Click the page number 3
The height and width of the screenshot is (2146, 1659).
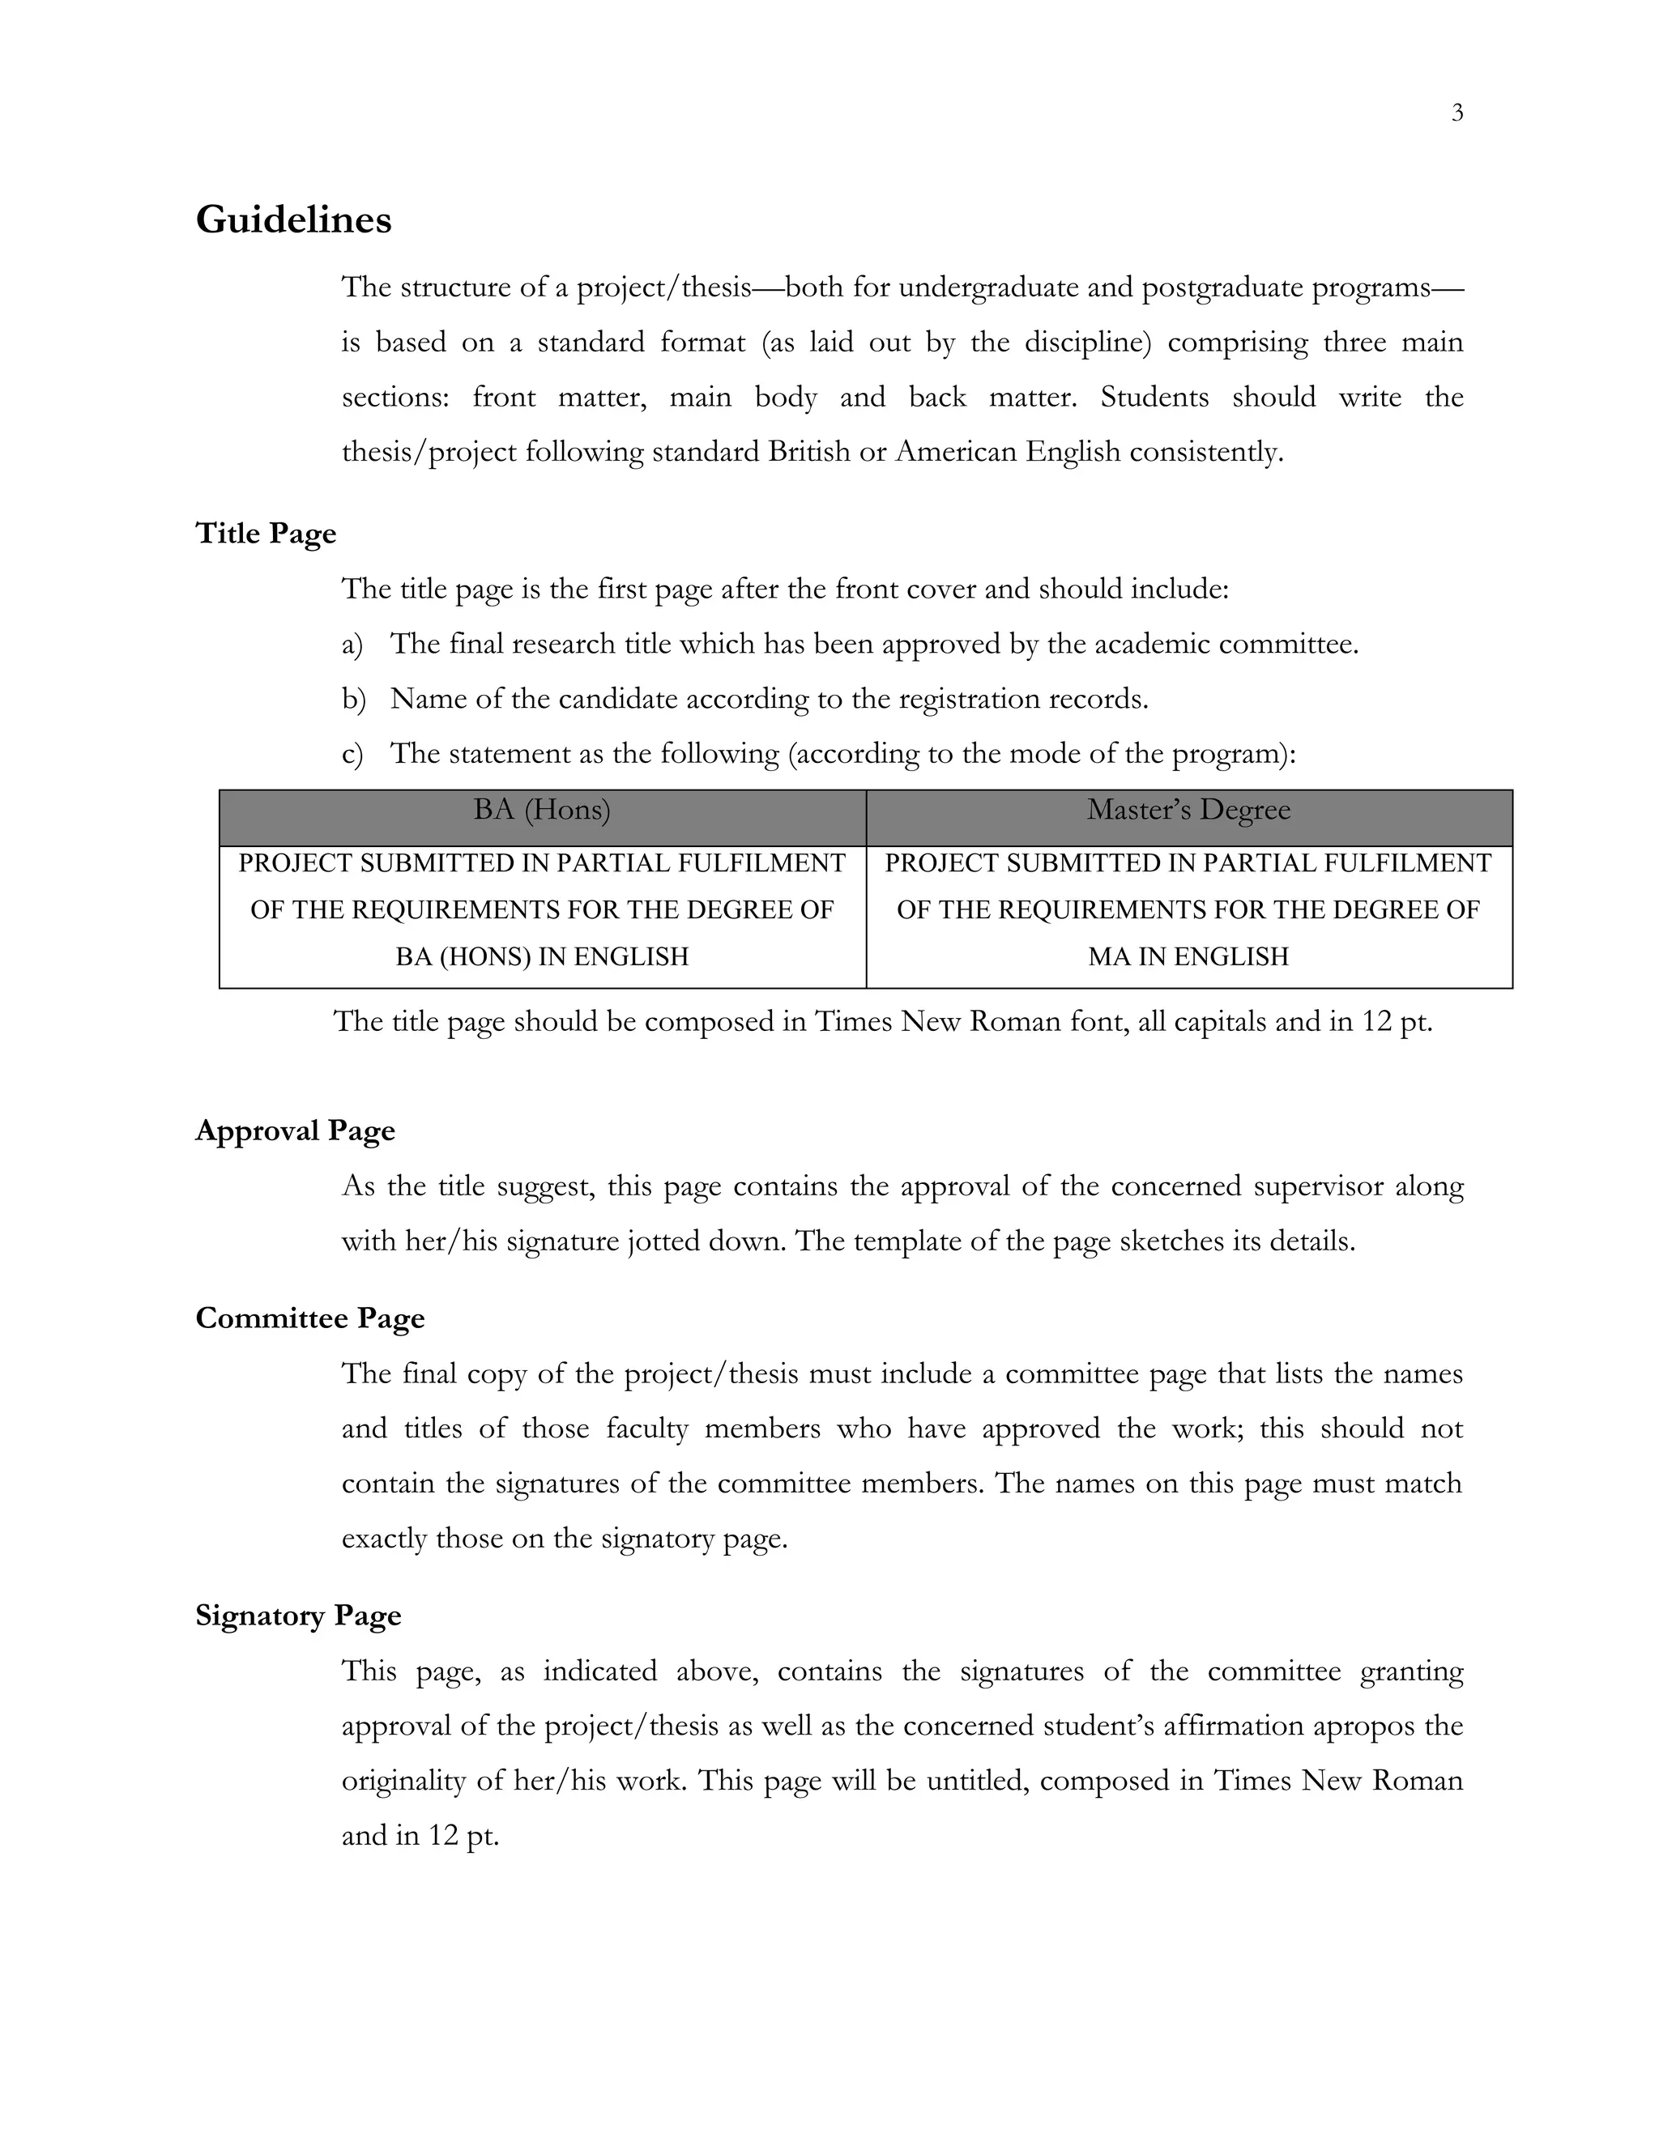pos(1456,113)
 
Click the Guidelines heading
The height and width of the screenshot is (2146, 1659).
pos(293,219)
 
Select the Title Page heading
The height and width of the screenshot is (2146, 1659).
pos(266,533)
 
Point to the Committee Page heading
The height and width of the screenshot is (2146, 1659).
pos(309,1318)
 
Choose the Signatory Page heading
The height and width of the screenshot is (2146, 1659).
pos(298,1616)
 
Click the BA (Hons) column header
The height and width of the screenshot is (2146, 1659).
pos(542,810)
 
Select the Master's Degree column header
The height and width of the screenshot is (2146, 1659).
pos(1188,810)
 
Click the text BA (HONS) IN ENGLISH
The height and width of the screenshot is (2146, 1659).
pos(542,956)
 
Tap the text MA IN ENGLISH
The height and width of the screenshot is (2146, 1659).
pos(1188,956)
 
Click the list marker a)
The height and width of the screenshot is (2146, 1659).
pos(352,645)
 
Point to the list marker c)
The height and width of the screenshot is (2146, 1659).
pos(352,755)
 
